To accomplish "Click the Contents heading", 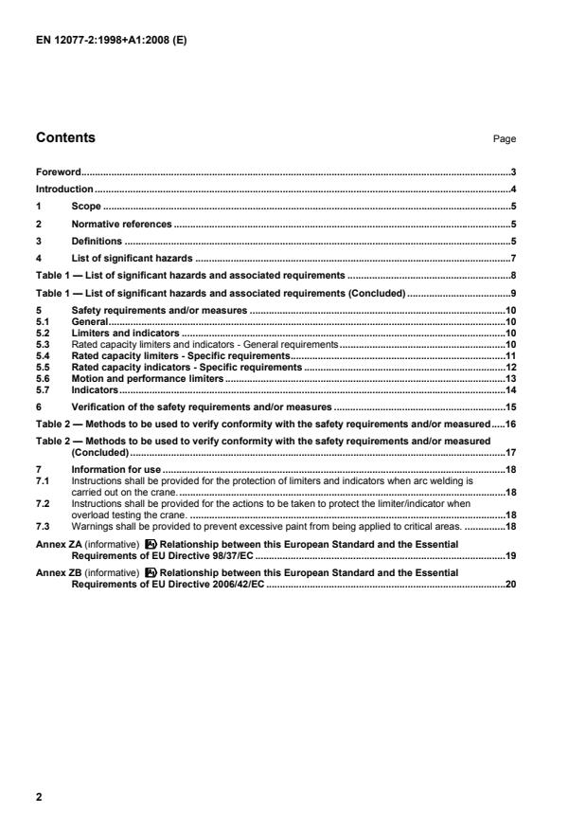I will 65,137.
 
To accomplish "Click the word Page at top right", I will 505,139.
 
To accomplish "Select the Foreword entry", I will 58,172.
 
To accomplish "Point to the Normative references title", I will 121,224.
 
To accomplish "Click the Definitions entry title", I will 97,241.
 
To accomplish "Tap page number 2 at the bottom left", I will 39,797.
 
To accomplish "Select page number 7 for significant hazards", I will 511,258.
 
